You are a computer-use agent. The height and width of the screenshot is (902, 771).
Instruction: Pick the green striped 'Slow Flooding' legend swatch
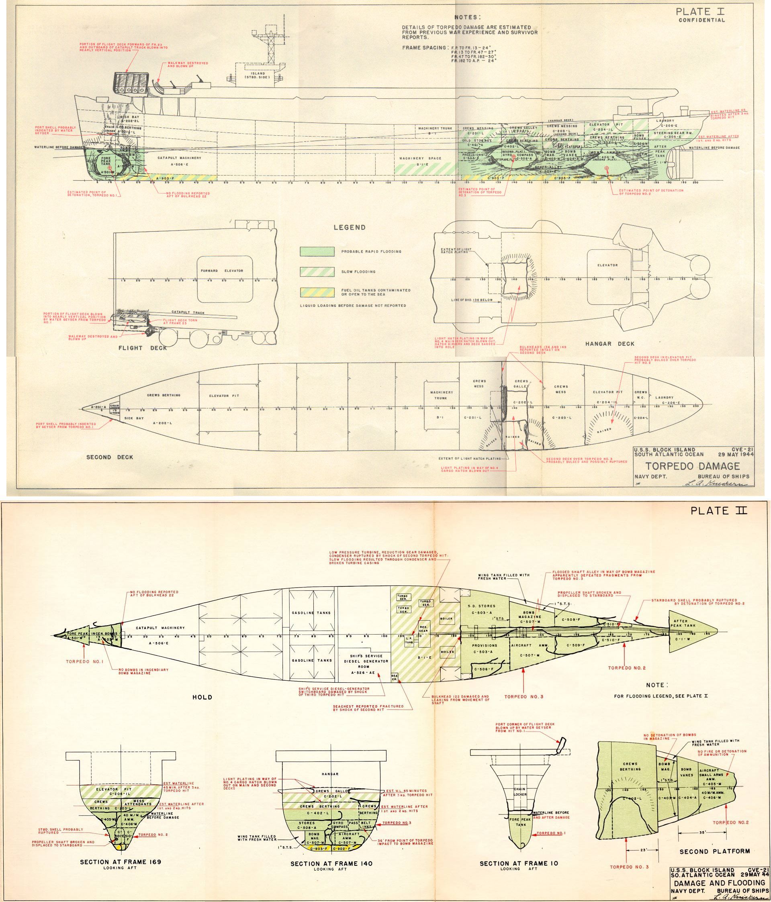[317, 271]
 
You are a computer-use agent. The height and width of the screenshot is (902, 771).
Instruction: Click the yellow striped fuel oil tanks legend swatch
[317, 292]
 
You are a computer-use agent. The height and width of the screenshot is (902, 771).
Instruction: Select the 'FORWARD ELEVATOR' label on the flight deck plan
[224, 271]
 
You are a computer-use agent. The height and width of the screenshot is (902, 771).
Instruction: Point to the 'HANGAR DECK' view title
[610, 343]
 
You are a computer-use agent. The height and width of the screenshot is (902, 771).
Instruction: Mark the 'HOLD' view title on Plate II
[202, 697]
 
